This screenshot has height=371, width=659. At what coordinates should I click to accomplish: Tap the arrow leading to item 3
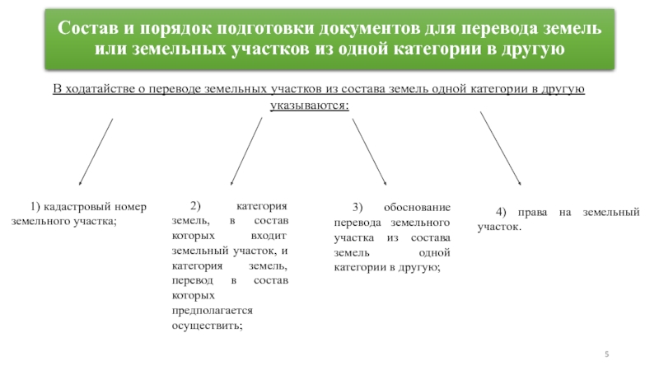tap(370, 152)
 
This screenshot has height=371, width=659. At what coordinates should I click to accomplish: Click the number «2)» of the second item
tap(195, 207)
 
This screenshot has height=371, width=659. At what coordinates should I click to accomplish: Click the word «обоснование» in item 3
tap(417, 207)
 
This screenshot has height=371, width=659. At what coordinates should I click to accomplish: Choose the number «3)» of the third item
tap(358, 207)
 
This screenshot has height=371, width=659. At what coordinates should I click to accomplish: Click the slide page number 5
tap(607, 354)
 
